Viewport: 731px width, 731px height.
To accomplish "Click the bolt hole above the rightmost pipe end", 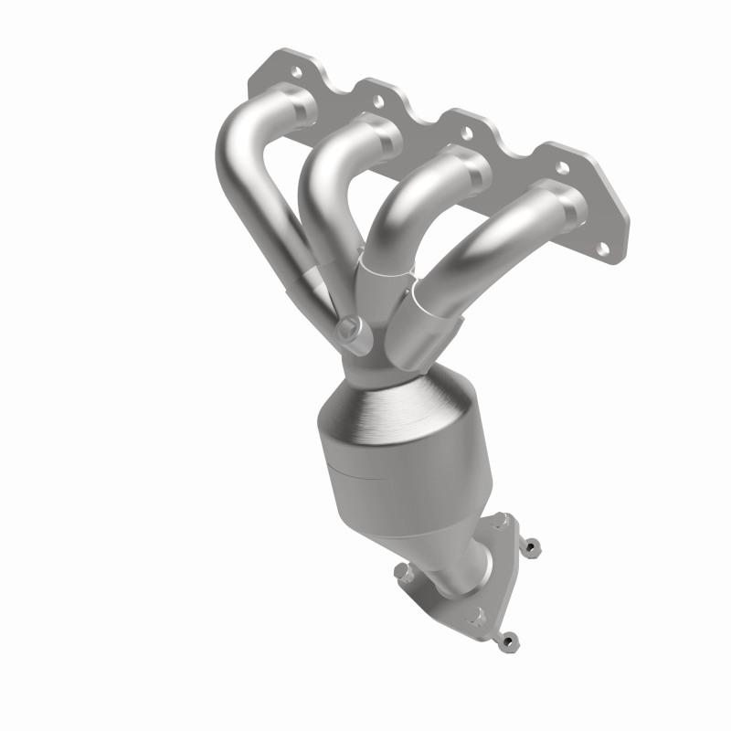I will pos(561,167).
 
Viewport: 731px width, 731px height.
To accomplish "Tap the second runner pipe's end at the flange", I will pos(379,136).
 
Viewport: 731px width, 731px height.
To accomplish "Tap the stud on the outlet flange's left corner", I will pos(403,572).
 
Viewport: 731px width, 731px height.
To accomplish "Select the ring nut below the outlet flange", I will pos(510,640).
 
